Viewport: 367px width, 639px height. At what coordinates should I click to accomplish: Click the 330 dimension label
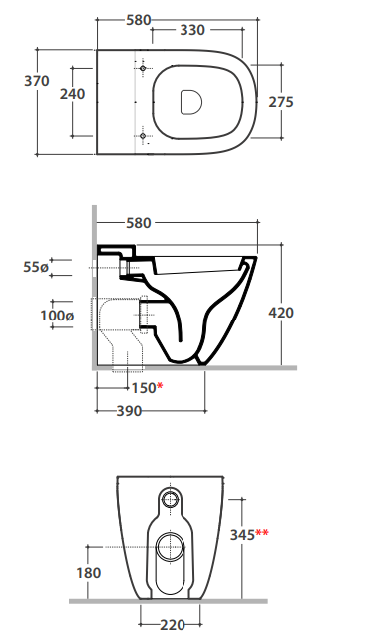click(192, 30)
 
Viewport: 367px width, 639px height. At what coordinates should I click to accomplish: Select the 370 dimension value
click(37, 81)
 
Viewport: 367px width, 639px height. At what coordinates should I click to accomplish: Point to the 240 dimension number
click(73, 94)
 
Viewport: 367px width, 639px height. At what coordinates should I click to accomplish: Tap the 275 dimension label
click(281, 102)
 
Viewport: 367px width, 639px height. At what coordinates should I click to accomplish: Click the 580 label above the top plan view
click(139, 20)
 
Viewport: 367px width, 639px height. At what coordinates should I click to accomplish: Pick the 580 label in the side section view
click(139, 223)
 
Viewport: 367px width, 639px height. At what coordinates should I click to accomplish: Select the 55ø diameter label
click(36, 267)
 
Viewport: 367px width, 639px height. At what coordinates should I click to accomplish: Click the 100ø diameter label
click(57, 316)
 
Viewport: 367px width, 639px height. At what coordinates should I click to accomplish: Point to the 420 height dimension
click(281, 313)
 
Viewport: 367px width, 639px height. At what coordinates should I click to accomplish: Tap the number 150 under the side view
click(144, 388)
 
